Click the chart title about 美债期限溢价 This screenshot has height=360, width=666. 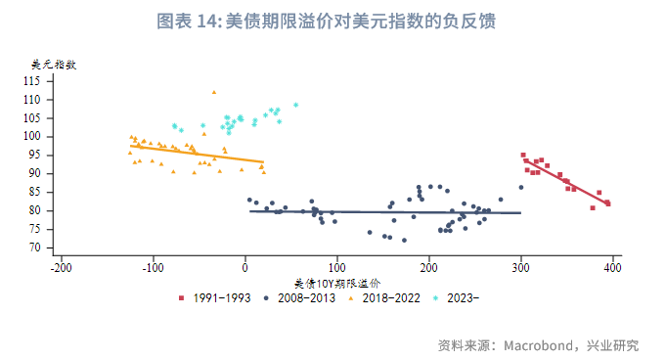333,21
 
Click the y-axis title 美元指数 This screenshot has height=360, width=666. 54,65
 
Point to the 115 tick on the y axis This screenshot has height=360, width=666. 31,81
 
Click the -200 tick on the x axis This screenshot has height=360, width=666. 61,266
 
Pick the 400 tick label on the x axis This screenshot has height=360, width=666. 613,266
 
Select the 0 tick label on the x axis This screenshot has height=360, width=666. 245,266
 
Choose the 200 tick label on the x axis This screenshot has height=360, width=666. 429,266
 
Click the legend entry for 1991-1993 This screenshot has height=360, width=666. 216,295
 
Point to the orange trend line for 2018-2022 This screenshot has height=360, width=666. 196,154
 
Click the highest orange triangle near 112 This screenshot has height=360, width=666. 213,92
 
